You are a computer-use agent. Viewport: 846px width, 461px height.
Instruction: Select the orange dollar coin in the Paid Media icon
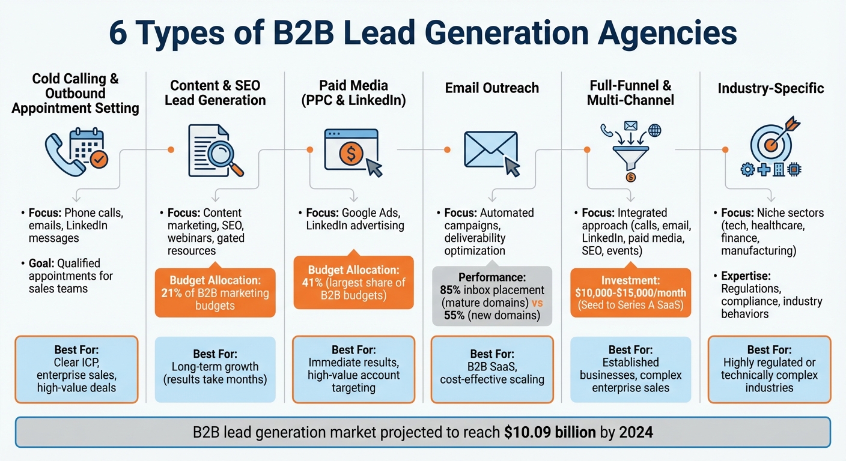point(350,154)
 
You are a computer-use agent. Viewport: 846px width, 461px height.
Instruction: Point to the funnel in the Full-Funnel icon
point(629,157)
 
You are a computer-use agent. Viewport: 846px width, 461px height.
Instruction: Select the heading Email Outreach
point(491,88)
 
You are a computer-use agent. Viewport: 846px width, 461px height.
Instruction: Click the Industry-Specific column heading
point(771,89)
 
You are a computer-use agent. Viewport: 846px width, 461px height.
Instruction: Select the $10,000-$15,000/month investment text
point(630,293)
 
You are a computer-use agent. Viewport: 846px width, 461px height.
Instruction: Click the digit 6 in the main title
point(118,34)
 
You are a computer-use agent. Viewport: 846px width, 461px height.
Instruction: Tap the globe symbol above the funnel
point(654,130)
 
